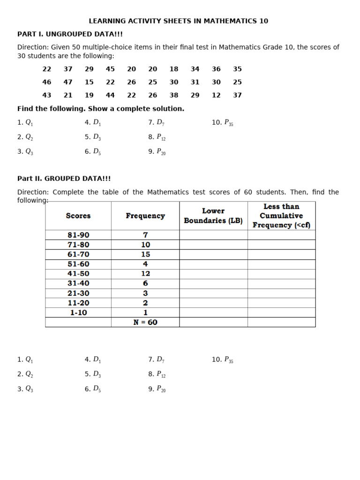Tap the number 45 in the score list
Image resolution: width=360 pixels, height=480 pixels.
110,69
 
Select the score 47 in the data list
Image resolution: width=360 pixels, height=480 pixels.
68,82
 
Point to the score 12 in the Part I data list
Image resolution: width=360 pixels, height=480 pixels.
216,95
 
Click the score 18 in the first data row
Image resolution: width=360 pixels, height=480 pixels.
174,69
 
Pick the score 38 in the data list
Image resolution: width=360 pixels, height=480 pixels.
174,95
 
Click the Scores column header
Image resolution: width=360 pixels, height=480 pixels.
78,216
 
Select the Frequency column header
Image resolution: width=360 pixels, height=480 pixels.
145,216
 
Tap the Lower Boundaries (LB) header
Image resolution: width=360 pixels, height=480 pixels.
213,216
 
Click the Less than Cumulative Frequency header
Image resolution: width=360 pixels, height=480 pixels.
281,216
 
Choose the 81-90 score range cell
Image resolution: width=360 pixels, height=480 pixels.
78,235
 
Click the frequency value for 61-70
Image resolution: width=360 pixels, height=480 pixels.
145,255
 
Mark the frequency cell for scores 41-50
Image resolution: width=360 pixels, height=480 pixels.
145,274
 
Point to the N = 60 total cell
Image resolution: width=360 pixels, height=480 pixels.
145,322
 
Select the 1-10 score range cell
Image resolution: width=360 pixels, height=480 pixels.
78,313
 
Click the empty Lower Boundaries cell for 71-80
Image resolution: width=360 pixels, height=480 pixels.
213,245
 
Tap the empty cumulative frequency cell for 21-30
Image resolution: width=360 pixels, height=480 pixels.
281,293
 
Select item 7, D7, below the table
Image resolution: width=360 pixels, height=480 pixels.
156,360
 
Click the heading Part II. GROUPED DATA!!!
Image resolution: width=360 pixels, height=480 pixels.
64,179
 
